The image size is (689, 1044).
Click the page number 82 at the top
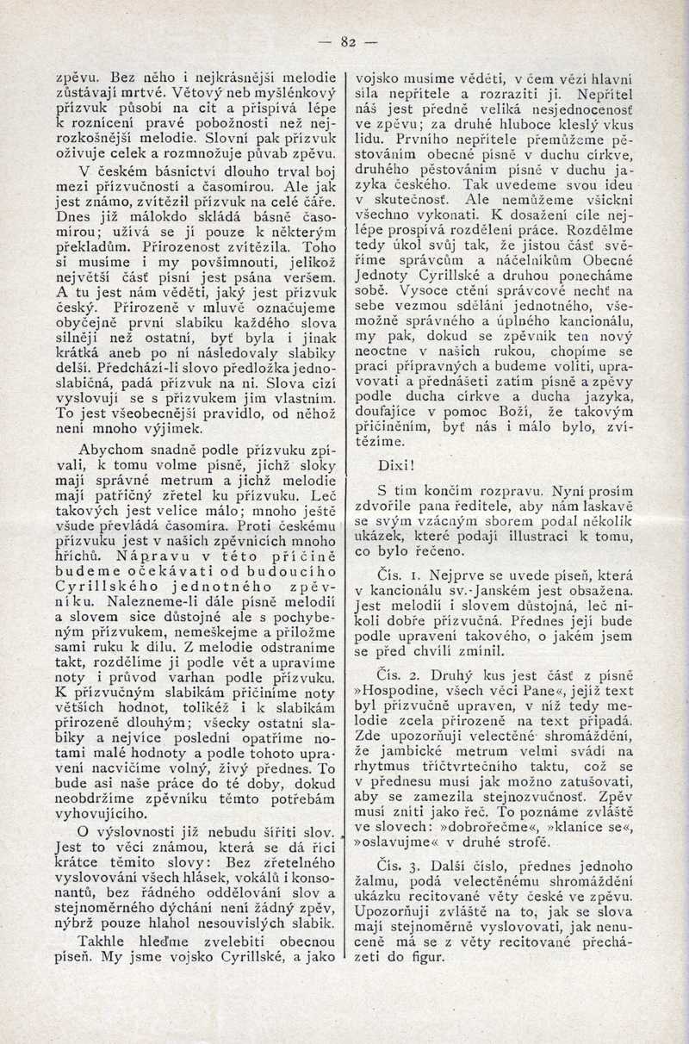[x=348, y=40]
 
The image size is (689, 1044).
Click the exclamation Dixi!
[x=396, y=465]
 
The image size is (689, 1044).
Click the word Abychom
[x=107, y=450]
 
